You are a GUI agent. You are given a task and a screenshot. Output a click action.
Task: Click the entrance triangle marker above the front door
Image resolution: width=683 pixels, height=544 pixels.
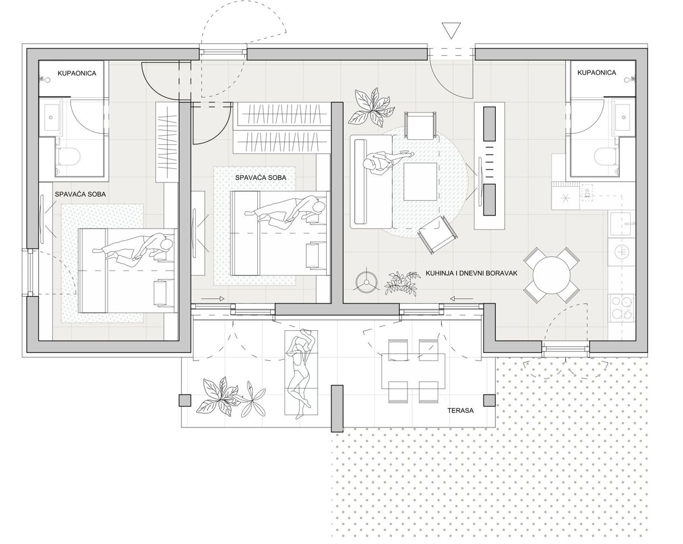pos(451,31)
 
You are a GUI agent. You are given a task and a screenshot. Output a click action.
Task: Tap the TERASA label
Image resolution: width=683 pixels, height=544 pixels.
pos(460,410)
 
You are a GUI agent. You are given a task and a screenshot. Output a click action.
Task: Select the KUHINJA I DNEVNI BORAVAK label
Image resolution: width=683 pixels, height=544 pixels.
pos(471,273)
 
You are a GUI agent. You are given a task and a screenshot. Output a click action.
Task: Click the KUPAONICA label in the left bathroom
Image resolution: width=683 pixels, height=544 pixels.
pos(77,73)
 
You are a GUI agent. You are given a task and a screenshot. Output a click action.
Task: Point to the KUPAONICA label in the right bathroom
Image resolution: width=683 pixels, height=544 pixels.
pos(596,73)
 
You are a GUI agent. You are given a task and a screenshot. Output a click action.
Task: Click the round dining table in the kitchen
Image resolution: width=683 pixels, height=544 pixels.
pos(552,275)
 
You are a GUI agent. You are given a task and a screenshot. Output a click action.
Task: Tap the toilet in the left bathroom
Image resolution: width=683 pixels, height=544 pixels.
pos(68,156)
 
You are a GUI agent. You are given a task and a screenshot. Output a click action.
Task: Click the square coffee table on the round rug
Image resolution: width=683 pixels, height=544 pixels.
pos(421,181)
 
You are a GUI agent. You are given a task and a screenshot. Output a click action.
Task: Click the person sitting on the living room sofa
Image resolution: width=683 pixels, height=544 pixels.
pos(385,163)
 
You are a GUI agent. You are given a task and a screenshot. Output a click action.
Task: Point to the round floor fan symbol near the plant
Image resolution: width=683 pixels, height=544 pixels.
pos(366,282)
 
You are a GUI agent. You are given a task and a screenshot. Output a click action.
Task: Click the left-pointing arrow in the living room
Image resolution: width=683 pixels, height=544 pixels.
pos(462,298)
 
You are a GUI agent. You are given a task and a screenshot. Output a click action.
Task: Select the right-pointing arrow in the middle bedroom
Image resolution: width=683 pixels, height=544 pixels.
pos(213,298)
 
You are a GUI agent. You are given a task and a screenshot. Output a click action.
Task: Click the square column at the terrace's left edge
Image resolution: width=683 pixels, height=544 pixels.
pos(185,400)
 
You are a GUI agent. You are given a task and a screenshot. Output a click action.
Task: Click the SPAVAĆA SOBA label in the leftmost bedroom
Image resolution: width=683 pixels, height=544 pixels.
pos(80,194)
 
